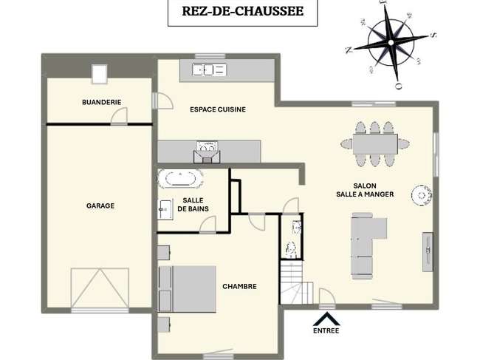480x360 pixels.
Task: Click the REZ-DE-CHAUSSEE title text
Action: pos(243,11)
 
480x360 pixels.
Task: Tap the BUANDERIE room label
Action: pos(102,102)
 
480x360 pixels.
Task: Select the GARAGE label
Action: pos(100,206)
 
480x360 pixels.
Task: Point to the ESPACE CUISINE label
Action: pos(218,109)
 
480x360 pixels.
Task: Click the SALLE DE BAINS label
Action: pos(193,205)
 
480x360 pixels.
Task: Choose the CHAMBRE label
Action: pos(239,287)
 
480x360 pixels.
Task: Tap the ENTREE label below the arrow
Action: pos(326,331)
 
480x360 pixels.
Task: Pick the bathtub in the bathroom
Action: pos(180,178)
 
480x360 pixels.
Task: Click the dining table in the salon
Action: pos(375,144)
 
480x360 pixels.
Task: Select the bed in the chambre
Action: pos(187,289)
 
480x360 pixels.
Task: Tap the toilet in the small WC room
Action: pos(291,249)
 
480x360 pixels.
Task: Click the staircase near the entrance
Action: pos(296,282)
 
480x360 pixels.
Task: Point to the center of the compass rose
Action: pos(391,43)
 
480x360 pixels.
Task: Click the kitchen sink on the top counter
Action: pos(209,69)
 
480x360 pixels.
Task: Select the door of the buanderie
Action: pos(119,116)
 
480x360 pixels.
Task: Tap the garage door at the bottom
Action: pos(100,288)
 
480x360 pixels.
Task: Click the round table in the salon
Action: pos(422,195)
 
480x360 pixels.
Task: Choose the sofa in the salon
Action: pos(367,245)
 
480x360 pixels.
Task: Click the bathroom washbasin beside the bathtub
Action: pos(165,209)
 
